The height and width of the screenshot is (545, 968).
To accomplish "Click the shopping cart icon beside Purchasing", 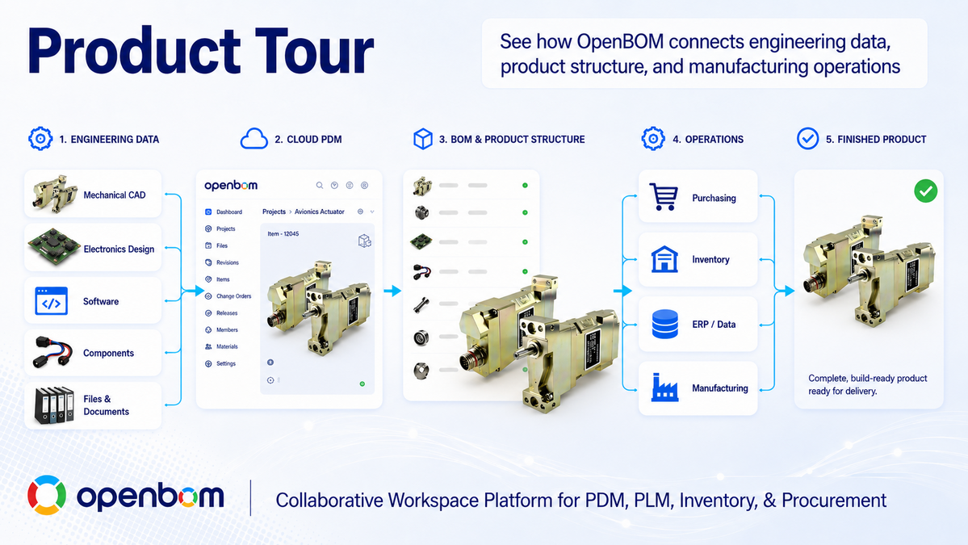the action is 664,198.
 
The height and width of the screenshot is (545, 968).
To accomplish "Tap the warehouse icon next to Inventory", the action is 664,259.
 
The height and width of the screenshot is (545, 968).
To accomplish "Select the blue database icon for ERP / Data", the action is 665,324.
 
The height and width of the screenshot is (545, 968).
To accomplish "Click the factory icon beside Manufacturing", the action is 665,388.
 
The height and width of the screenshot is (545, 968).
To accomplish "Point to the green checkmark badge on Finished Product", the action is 925,191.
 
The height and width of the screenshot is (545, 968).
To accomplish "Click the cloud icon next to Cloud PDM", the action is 254,139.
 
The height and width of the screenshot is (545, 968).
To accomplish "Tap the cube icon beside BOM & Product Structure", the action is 423,139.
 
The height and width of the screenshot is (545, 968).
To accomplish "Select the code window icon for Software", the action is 51,301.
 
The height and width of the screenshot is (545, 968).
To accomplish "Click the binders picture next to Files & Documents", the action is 54,405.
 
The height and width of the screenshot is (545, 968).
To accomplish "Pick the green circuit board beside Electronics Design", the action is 54,247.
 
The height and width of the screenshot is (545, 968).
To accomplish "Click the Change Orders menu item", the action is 233,296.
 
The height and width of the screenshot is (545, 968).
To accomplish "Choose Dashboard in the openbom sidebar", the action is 229,212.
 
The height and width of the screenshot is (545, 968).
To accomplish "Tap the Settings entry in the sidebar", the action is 226,363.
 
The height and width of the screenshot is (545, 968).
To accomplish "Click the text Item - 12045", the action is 283,234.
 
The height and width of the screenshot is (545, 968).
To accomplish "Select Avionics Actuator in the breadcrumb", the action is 319,212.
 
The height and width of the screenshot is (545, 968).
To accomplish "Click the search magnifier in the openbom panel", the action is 319,185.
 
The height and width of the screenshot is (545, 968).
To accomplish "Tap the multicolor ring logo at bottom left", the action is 47,495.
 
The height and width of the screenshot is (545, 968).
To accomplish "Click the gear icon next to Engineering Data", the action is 40,139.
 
